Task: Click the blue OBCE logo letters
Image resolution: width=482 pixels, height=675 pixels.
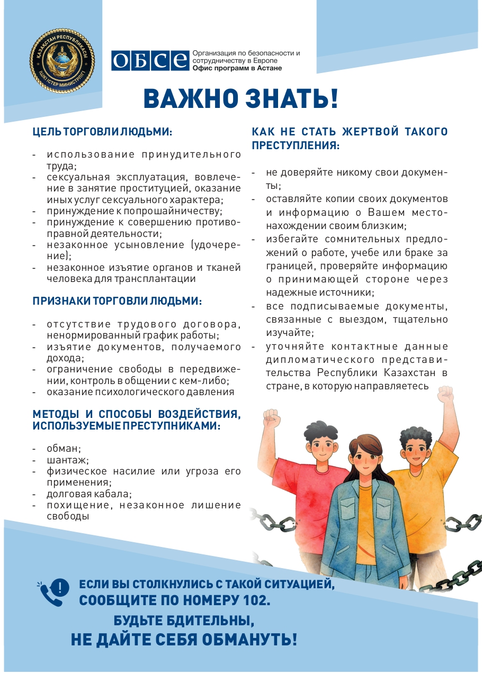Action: click(x=149, y=60)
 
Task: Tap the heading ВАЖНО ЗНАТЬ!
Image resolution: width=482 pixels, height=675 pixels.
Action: click(x=241, y=99)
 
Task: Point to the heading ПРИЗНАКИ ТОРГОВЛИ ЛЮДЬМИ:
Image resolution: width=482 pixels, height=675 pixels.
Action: click(x=117, y=301)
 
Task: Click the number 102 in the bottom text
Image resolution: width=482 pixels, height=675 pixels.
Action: click(x=258, y=600)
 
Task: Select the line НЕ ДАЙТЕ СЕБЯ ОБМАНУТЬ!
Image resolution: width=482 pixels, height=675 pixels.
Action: click(x=184, y=640)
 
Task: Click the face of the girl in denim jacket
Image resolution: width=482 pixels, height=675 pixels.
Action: click(x=364, y=457)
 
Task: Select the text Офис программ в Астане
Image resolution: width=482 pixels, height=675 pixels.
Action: click(x=237, y=68)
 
